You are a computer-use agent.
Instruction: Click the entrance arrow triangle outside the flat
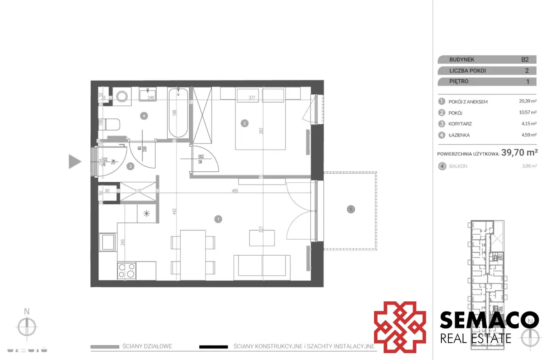[75, 161]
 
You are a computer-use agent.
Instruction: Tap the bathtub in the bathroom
[177, 113]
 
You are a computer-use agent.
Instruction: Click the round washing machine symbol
[122, 97]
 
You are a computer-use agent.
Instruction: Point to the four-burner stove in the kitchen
[126, 270]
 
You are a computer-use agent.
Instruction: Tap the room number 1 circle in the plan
[218, 219]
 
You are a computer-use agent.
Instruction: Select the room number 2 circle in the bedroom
[245, 123]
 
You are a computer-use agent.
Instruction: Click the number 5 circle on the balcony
[351, 209]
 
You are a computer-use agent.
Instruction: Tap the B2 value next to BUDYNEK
[525, 60]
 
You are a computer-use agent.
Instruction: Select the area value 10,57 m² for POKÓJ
[523, 113]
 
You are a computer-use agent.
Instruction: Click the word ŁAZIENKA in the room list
[459, 135]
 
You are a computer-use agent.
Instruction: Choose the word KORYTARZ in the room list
[460, 124]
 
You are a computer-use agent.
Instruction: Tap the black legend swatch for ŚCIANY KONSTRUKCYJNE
[214, 347]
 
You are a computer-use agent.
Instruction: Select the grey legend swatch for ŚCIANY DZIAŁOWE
[104, 347]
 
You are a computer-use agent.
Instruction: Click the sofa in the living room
[262, 267]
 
